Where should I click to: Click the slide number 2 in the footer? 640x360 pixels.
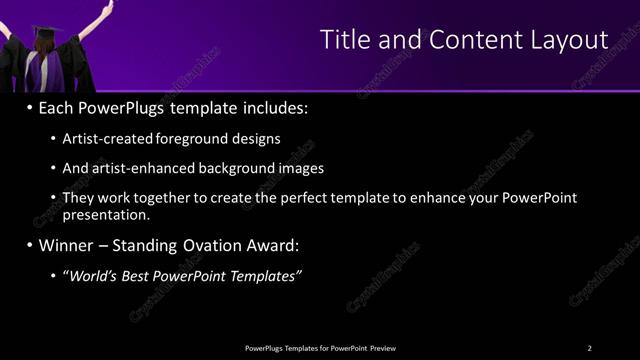coord(589,347)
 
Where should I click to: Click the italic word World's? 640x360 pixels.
coord(96,275)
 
